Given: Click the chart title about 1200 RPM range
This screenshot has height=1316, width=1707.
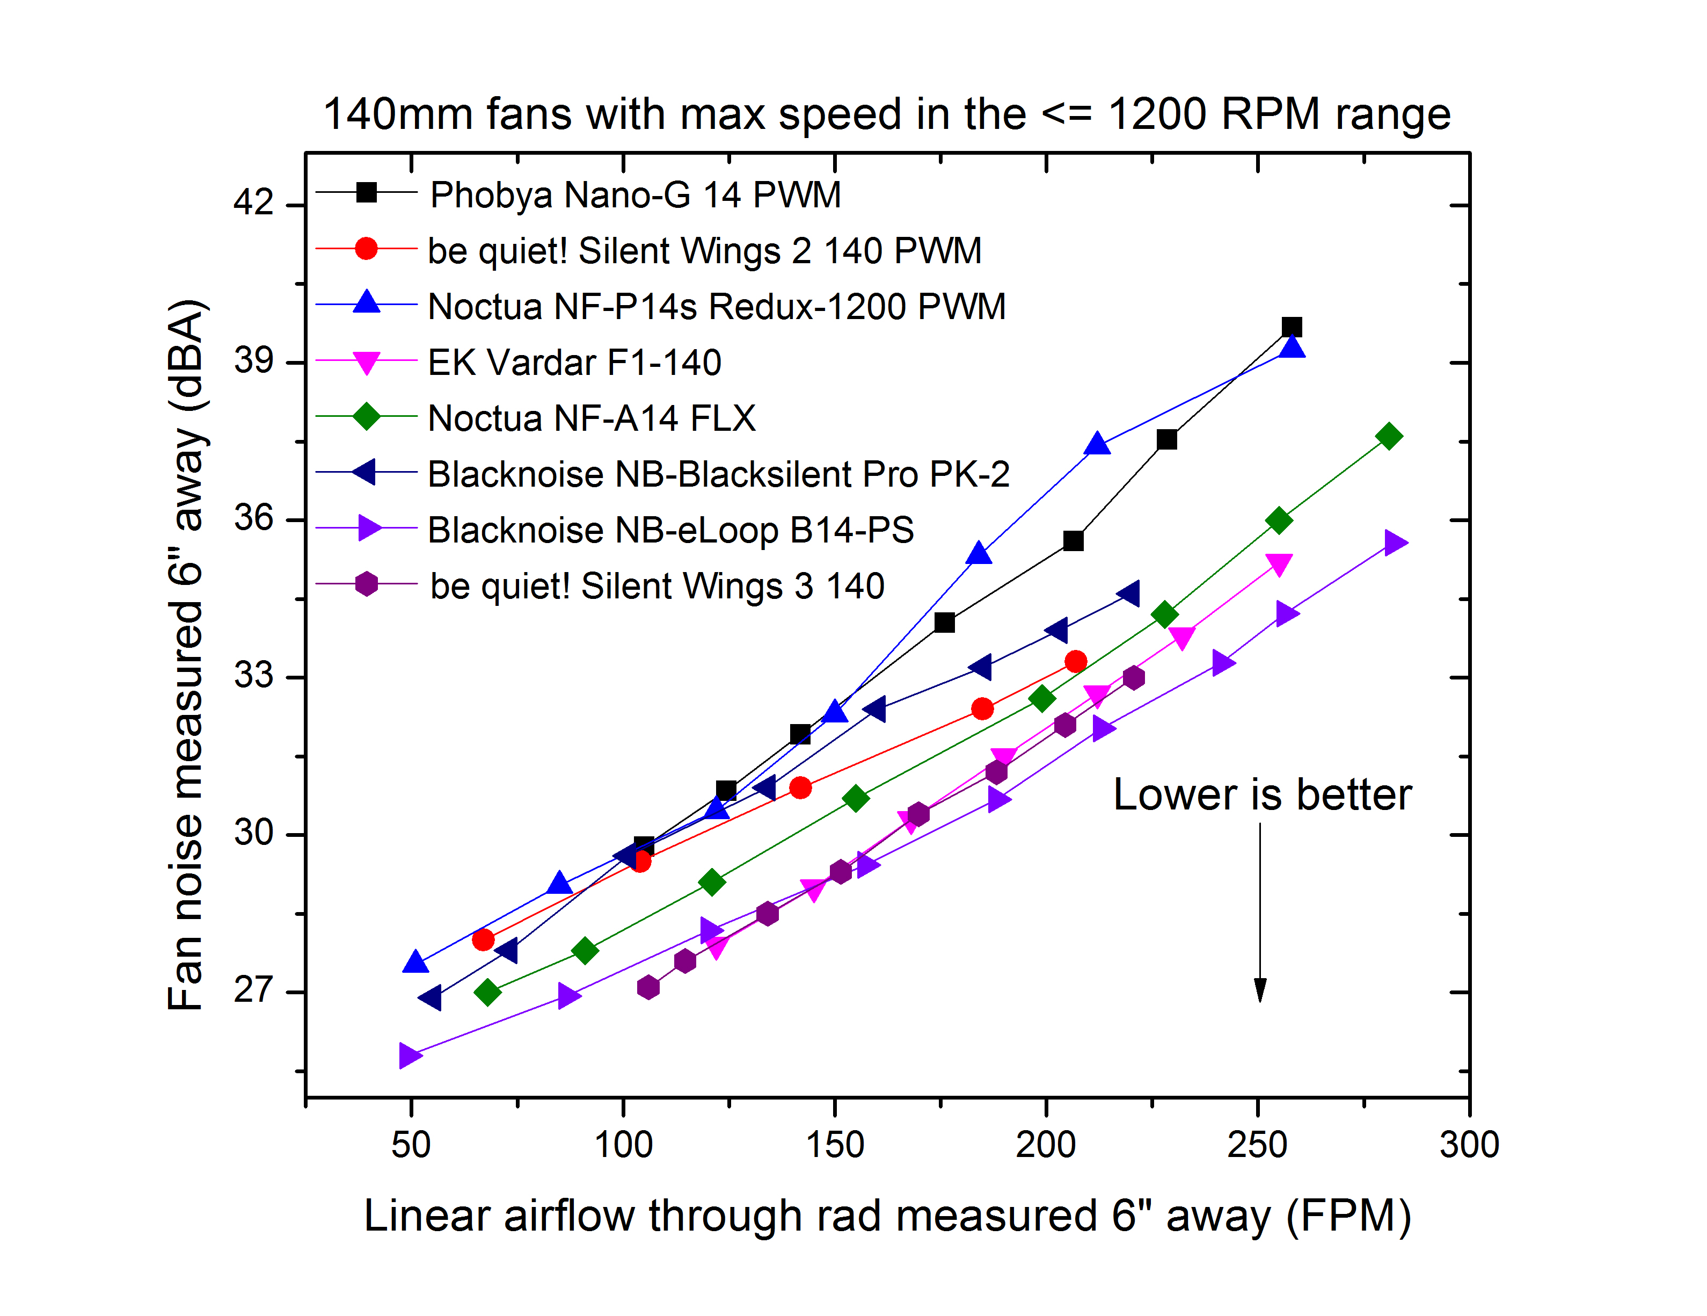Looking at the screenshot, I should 886,114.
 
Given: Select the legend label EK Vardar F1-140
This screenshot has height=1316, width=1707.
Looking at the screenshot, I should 574,363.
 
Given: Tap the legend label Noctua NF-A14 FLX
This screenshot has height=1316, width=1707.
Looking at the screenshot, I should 592,418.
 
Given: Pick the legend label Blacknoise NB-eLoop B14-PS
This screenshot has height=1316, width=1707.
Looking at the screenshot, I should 670,530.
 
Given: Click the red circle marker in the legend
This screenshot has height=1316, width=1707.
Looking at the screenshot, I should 366,249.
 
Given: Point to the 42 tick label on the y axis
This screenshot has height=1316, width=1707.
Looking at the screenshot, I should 253,203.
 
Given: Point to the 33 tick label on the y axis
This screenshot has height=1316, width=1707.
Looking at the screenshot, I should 253,676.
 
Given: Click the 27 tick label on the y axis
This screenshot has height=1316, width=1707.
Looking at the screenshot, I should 253,990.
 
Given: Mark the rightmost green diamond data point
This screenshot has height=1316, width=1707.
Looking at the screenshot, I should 1389,436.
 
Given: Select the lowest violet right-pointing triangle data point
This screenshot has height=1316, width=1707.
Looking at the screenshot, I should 410,1055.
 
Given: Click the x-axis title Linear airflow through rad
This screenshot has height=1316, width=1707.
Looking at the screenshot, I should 886,1217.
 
